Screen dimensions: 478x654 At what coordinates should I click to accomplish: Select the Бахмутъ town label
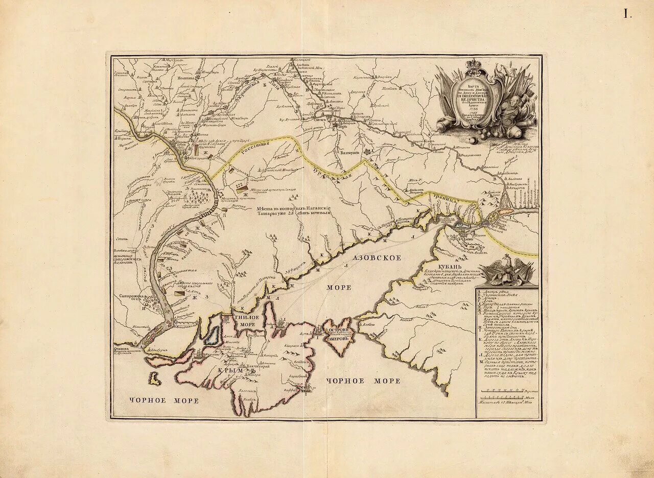[x=349, y=152]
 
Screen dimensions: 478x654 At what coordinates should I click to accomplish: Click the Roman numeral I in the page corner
[x=627, y=14]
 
